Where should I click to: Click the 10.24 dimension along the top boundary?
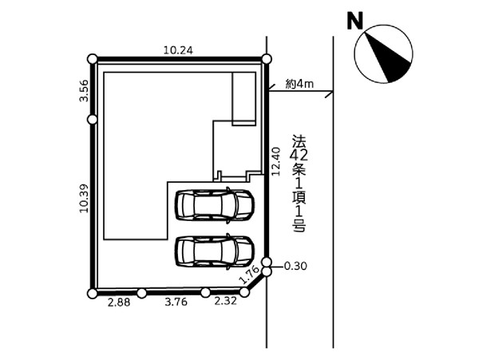178,50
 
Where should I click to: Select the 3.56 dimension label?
84,91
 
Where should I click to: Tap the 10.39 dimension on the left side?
84,198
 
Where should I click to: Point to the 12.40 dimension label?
276,161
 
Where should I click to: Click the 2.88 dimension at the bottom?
119,303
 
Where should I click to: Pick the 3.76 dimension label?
176,302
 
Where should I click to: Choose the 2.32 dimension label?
225,301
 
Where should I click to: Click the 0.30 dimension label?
295,267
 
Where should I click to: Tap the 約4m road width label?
299,84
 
